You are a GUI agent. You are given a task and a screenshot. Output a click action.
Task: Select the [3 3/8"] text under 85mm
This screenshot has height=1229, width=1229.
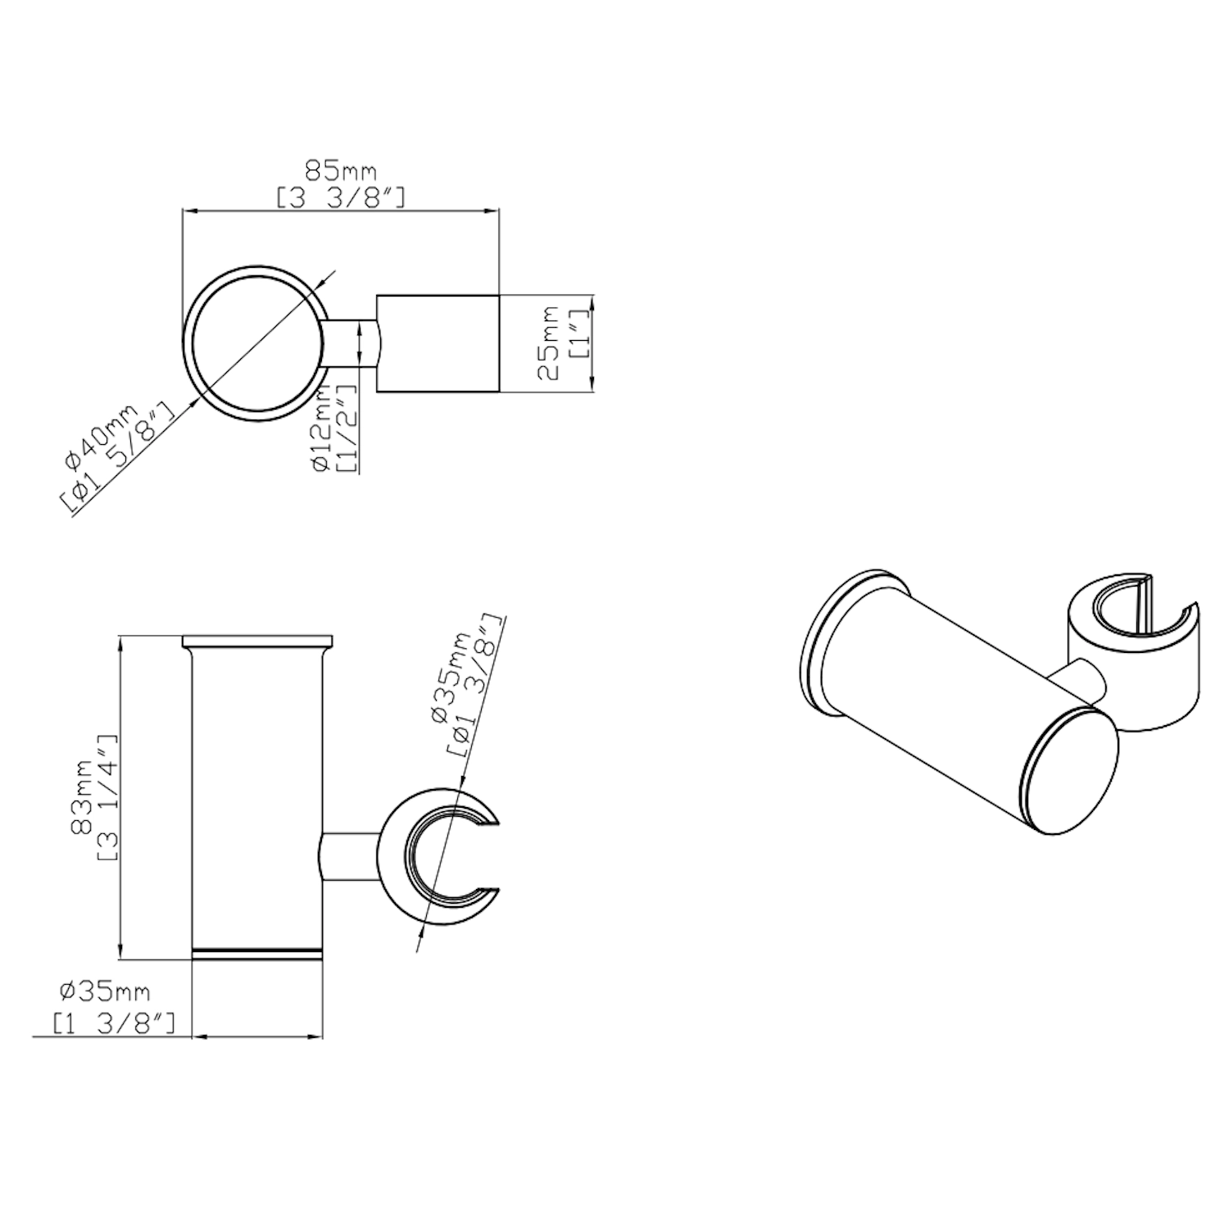pos(340,197)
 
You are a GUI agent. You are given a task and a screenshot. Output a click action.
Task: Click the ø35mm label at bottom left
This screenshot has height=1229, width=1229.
pos(105,992)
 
